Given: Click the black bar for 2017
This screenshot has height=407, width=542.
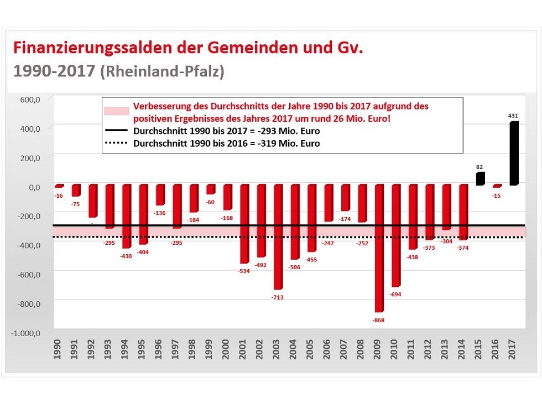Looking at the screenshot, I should (x=514, y=153).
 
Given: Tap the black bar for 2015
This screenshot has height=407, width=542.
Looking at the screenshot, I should (x=480, y=179).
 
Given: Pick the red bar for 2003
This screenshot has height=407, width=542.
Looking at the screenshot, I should (x=278, y=237).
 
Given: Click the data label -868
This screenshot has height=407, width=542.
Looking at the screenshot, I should (x=378, y=321).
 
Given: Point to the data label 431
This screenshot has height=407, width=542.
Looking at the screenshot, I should (x=514, y=116).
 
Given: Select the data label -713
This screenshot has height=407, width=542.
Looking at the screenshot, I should (x=277, y=298).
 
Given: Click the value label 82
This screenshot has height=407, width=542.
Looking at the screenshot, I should (x=480, y=167).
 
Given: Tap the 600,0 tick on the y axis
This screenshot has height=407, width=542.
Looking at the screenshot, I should (x=30, y=99).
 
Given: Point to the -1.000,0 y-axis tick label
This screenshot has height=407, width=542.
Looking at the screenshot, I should (x=25, y=333).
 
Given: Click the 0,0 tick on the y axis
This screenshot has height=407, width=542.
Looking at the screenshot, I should (x=33, y=187).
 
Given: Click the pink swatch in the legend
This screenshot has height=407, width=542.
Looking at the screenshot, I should (x=116, y=110).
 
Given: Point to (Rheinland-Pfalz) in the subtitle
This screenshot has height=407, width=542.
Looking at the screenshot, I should (x=161, y=72).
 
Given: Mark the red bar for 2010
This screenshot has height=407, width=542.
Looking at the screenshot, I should (x=395, y=235).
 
